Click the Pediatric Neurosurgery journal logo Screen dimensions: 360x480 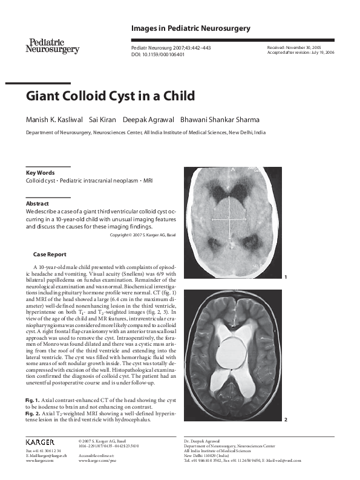click(53, 45)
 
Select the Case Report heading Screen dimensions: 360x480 click(50, 255)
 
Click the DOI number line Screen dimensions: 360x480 click(158, 54)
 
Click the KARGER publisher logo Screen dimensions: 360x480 click(40, 442)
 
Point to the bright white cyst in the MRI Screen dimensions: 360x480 click(229, 352)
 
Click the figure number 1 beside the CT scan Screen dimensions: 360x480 click(284, 277)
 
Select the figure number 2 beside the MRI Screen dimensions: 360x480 click(284, 419)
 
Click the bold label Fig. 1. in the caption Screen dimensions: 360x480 click(33, 401)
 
